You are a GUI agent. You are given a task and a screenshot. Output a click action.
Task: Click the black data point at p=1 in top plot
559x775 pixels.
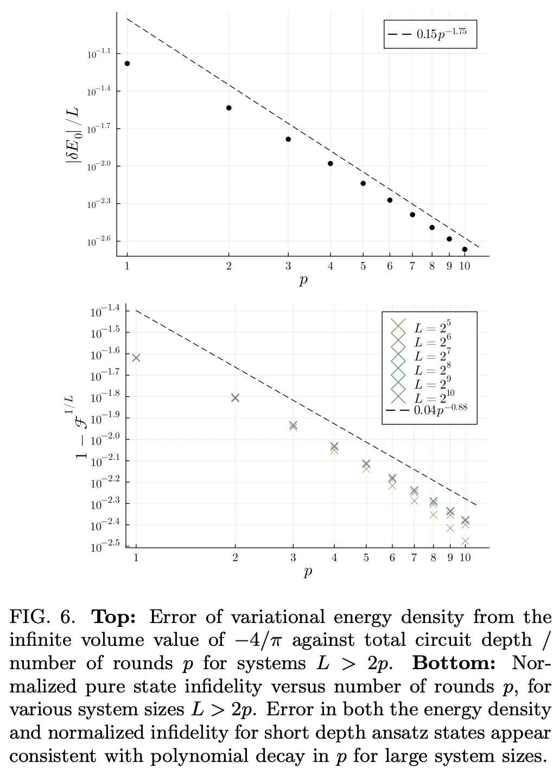pos(127,63)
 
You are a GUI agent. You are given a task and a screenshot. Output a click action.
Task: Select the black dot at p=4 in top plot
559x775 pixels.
pos(331,163)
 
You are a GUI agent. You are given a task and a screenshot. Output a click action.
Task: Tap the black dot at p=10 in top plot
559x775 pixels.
pos(465,250)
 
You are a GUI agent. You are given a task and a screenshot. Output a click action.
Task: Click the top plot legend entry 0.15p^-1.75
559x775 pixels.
pos(430,34)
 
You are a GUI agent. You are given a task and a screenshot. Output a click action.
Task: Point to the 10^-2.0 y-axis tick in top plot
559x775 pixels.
pos(98,164)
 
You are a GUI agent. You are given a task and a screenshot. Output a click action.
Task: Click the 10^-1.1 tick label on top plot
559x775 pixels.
pos(98,53)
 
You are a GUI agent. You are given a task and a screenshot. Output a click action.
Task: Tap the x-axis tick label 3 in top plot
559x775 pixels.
pos(288,266)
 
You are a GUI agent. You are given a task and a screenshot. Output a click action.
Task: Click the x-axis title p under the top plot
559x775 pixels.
pos(303,281)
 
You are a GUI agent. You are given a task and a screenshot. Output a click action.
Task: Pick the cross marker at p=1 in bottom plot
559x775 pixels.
pos(136,358)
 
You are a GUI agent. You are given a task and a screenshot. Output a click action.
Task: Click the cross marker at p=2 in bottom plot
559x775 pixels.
pos(235,398)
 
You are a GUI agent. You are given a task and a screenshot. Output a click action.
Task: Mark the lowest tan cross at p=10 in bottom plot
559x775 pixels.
pos(465,541)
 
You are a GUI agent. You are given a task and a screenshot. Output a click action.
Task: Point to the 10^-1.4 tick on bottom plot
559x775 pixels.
pos(105,312)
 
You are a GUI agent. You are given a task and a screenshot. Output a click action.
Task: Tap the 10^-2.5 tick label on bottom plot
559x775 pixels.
pos(105,546)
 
